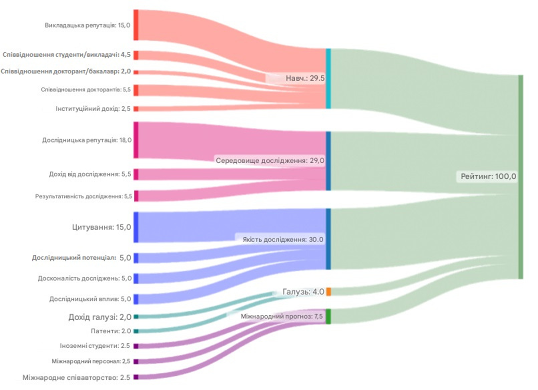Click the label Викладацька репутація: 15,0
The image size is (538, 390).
pyautogui.click(x=87, y=25)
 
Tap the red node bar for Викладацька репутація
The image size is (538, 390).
pyautogui.click(x=136, y=25)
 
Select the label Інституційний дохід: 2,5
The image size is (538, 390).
pyautogui.click(x=93, y=109)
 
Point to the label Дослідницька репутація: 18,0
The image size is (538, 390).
pyautogui.click(x=87, y=140)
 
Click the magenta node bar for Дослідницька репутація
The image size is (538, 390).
pyautogui.click(x=136, y=140)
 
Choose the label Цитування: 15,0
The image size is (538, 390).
pyautogui.click(x=101, y=227)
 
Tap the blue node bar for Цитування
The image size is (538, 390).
pyautogui.click(x=136, y=227)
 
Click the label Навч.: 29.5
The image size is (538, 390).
pyautogui.click(x=305, y=78)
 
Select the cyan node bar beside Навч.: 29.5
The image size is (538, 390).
pyautogui.click(x=328, y=79)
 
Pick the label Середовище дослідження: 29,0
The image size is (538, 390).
pyautogui.click(x=270, y=160)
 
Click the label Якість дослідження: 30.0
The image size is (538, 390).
pyautogui.click(x=283, y=240)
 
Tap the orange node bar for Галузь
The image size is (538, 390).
pyautogui.click(x=328, y=292)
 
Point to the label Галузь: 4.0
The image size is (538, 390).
pyautogui.click(x=303, y=292)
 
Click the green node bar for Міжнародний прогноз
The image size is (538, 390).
pyautogui.click(x=328, y=316)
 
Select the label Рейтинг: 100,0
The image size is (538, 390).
pyautogui.click(x=488, y=176)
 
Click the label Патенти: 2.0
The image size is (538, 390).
pyautogui.click(x=111, y=331)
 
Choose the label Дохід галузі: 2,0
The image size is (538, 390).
pyautogui.click(x=100, y=317)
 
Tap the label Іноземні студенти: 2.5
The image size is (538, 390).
pyautogui.click(x=95, y=346)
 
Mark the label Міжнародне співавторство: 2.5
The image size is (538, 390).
pyautogui.click(x=76, y=377)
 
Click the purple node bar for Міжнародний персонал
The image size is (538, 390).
pyautogui.click(x=136, y=362)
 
